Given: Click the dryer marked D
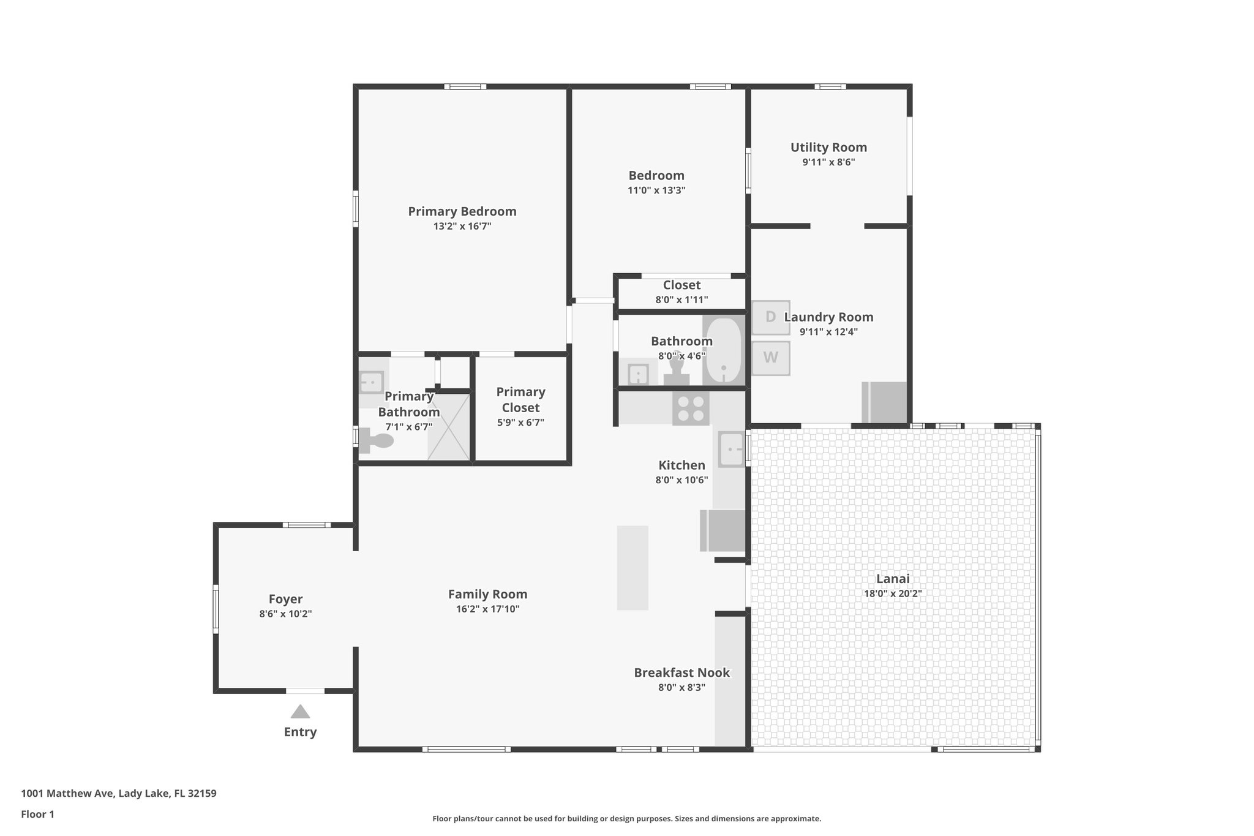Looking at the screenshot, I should pyautogui.click(x=770, y=317).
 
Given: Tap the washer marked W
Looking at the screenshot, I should pyautogui.click(x=770, y=358).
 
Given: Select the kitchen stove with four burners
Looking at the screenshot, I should pyautogui.click(x=691, y=409).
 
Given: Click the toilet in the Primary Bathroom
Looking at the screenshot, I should pyautogui.click(x=377, y=440).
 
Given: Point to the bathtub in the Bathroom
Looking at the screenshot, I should pyautogui.click(x=723, y=350).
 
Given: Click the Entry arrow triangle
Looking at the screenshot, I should pyautogui.click(x=300, y=712).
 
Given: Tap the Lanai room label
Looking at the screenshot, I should pyautogui.click(x=893, y=579).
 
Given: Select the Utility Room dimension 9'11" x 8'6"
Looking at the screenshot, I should pyautogui.click(x=828, y=162).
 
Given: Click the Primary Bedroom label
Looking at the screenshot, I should pyautogui.click(x=462, y=211).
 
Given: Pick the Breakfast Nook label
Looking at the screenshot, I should pyautogui.click(x=681, y=672).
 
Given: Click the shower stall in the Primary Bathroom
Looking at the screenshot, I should pyautogui.click(x=449, y=427).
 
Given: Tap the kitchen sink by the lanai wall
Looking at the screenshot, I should pyautogui.click(x=731, y=450).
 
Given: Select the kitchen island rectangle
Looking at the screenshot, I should pyautogui.click(x=633, y=568).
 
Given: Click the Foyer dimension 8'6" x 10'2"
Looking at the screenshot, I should pyautogui.click(x=285, y=614).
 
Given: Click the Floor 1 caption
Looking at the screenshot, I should pyautogui.click(x=38, y=815).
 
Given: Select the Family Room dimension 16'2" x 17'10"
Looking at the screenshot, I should pyautogui.click(x=487, y=609).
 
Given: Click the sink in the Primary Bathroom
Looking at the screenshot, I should pyautogui.click(x=371, y=383).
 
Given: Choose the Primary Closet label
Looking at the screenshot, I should pyautogui.click(x=520, y=399).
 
